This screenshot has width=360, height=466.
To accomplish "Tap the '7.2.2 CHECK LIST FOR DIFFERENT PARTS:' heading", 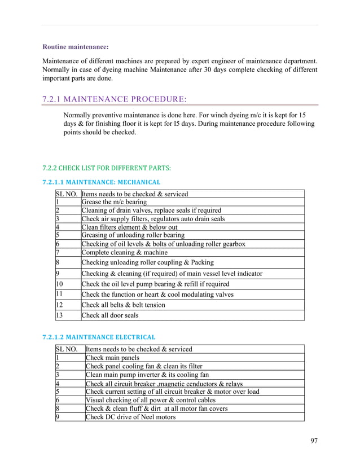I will (107, 168).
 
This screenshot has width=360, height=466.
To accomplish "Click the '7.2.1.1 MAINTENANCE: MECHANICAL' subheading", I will (102, 182).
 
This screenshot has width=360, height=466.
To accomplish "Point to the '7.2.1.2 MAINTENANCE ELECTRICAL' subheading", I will (99, 337).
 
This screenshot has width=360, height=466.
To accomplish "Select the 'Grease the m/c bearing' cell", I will (114, 202).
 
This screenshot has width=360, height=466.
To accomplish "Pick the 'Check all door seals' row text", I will (109, 315).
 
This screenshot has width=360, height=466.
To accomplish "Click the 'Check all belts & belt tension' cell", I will (123, 305).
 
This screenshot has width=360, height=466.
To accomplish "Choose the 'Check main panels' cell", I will (112, 358).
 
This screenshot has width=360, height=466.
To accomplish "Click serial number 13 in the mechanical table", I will (60, 315).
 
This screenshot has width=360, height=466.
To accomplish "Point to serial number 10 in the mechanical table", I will (60, 284).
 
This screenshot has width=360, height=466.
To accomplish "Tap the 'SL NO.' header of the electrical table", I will (67, 349).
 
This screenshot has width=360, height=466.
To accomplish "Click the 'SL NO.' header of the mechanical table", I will (67, 194).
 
